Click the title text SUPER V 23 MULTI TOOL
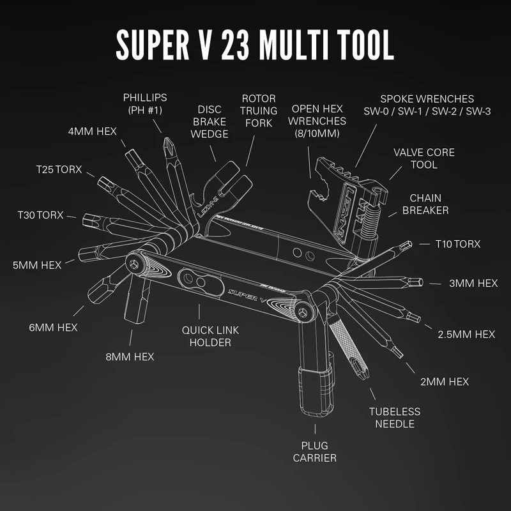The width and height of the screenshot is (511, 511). pyautogui.click(x=254, y=43)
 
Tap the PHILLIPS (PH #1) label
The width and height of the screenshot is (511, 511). pyautogui.click(x=145, y=104)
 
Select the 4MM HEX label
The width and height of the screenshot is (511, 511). pyautogui.click(x=93, y=132)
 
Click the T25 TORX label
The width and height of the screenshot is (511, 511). pyautogui.click(x=60, y=169)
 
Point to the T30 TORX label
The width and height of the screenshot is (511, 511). pyautogui.click(x=41, y=215)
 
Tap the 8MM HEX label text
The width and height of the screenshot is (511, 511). pyautogui.click(x=130, y=356)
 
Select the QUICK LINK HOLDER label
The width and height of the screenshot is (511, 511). pyautogui.click(x=206, y=336)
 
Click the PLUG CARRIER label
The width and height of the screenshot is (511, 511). pyautogui.click(x=314, y=451)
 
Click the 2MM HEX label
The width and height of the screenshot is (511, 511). pyautogui.click(x=445, y=381)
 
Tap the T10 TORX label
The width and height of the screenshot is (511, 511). pyautogui.click(x=457, y=244)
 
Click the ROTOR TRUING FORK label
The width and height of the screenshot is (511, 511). pyautogui.click(x=258, y=111)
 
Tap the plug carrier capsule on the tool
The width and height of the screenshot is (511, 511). pyautogui.click(x=315, y=390)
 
